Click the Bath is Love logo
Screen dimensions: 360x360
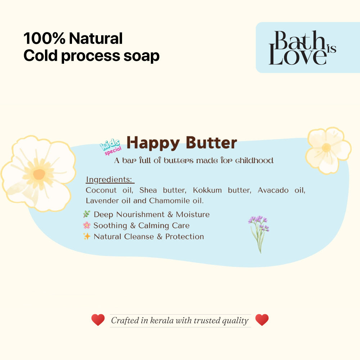302,48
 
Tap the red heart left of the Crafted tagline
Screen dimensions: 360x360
98,320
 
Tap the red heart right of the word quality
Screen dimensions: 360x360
262,320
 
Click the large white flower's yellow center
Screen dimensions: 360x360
39,174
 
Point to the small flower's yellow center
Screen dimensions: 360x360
327,148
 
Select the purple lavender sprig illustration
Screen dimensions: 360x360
258,232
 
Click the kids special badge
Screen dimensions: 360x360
111,147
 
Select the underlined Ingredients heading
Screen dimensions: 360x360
109,179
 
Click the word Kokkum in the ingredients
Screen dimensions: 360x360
207,190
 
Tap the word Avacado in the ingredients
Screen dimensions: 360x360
273,190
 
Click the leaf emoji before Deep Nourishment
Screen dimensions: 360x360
87,214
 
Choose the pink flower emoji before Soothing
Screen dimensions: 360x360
87,225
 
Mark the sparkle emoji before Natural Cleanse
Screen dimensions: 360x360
87,236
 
